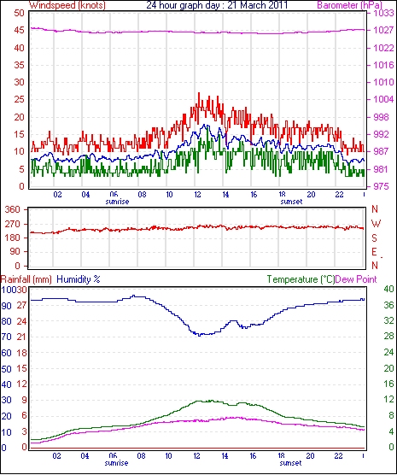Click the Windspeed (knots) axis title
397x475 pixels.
(x=67, y=5)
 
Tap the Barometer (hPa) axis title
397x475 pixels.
(x=349, y=5)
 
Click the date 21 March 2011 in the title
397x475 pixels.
(x=257, y=5)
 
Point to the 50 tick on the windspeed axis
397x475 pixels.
(x=19, y=14)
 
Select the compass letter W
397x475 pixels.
(x=376, y=224)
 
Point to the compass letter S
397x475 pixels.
(x=375, y=238)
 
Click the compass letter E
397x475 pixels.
(x=375, y=252)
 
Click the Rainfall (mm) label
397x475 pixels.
(x=26, y=279)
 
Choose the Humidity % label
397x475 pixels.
(x=79, y=279)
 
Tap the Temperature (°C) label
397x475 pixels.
(x=301, y=279)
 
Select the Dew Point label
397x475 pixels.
(x=356, y=279)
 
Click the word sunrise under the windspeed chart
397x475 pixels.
(x=117, y=202)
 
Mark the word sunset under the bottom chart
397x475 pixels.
(x=291, y=463)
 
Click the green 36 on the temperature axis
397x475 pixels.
(x=388, y=305)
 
